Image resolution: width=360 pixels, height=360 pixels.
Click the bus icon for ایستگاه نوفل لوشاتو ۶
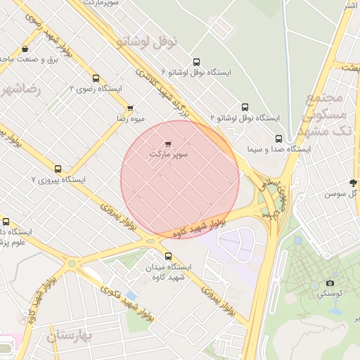point(195,62)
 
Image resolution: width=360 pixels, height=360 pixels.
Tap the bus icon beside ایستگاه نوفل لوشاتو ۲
point(245,108)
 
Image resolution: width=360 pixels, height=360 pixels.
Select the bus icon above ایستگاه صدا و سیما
point(279,139)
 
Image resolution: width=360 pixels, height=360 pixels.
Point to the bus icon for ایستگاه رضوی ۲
point(96,79)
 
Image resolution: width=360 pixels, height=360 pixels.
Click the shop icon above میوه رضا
point(130,108)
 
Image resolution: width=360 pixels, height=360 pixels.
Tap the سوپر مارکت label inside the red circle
point(169,153)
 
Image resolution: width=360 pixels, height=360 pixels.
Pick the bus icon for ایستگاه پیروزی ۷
point(58,169)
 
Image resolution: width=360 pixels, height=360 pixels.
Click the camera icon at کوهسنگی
point(330,283)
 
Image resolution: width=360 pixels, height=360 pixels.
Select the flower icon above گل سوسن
point(353,182)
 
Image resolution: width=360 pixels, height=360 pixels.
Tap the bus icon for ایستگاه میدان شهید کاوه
point(168,256)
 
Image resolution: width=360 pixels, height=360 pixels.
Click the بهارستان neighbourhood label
point(70,337)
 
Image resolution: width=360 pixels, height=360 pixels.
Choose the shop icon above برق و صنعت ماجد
point(25,49)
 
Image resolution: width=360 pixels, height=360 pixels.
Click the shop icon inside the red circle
point(167,143)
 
